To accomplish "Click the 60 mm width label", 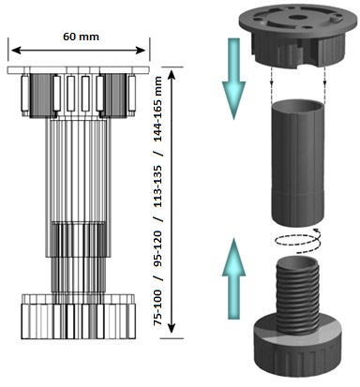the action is click(x=81, y=37).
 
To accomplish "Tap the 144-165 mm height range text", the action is click(x=158, y=109).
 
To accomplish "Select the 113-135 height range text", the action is click(x=158, y=186).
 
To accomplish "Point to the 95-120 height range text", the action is click(x=158, y=251).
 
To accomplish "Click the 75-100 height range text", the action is click(x=158, y=308).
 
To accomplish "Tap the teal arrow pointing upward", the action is click(x=233, y=278).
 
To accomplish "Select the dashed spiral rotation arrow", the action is click(x=298, y=241).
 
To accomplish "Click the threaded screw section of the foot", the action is click(x=297, y=294).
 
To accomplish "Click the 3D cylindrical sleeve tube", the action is click(x=297, y=162).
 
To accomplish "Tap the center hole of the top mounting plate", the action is click(x=296, y=17).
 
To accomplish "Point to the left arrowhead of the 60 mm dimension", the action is click(x=16, y=50).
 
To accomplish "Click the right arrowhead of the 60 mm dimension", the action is click(x=141, y=50).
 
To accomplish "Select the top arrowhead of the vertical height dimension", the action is click(x=172, y=75).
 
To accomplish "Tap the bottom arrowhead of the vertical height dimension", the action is click(x=172, y=328).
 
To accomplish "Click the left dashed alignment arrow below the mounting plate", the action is click(x=272, y=76).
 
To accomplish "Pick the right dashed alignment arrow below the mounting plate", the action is click(x=324, y=76).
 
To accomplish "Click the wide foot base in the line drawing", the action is click(x=78, y=317).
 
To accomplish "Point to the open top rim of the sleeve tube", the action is click(x=298, y=104).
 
